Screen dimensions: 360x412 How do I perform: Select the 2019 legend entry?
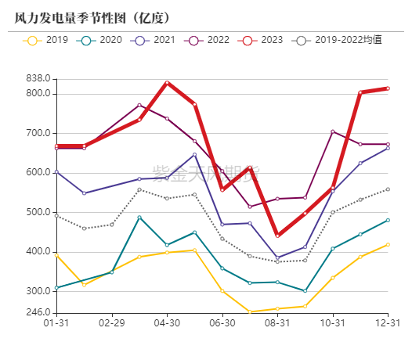pos(47,40)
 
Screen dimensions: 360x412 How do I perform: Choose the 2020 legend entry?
pos(101,40)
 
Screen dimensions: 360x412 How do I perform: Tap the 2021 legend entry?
pos(154,40)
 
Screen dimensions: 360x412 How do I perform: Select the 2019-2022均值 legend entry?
pos(337,40)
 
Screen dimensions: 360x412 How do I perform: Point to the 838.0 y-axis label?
pos(37,78)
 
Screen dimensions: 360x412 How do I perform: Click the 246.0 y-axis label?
pos(37,313)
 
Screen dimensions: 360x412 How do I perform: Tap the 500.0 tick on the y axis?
pos(37,212)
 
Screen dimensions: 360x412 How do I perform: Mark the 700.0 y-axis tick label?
pos(37,133)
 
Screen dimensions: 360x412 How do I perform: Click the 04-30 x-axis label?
pos(167,322)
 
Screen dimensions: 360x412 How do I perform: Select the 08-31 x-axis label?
pos(277,322)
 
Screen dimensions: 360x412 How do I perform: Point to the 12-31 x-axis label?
pos(388,322)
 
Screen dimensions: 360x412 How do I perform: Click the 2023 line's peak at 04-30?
pos(167,82)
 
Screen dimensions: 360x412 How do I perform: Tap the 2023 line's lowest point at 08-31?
pos(277,236)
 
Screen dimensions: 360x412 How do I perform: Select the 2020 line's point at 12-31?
pos(388,220)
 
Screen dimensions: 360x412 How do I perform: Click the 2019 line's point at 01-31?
pos(56,255)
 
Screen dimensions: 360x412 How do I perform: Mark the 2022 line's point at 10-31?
pos(333,131)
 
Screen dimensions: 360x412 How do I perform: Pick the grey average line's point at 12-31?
pos(388,189)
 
